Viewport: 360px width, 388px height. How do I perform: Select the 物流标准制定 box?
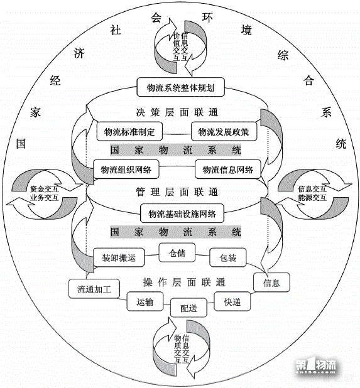click(129, 132)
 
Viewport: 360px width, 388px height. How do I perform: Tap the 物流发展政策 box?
click(223, 132)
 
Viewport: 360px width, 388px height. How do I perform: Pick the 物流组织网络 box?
click(126, 170)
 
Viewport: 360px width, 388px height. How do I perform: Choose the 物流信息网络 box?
click(227, 170)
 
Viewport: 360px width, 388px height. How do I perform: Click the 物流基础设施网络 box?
click(182, 213)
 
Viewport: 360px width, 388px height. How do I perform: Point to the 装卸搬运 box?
click(119, 256)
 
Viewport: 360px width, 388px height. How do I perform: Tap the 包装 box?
click(227, 257)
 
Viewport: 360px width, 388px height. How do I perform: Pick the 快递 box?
click(232, 301)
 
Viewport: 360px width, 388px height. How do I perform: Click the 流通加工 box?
click(93, 289)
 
